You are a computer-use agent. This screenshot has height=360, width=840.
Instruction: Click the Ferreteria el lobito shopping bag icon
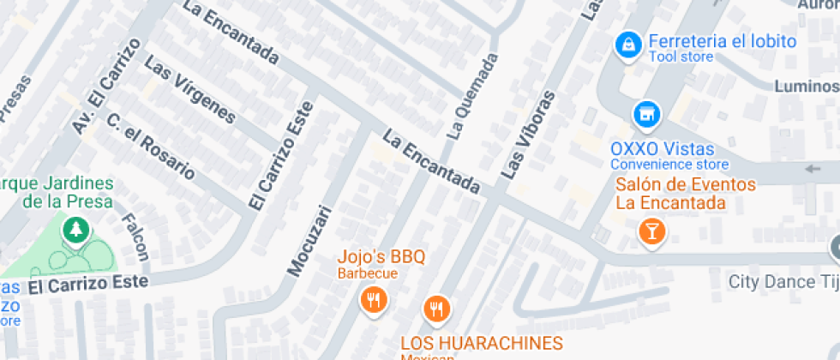[x=629, y=45]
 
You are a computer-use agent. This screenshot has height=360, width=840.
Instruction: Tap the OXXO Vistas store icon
[x=647, y=113]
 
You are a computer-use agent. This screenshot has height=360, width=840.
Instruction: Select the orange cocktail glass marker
[x=652, y=231]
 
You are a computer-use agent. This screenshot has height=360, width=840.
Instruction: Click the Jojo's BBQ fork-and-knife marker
[x=373, y=299]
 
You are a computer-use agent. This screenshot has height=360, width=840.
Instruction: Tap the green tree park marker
[x=77, y=228]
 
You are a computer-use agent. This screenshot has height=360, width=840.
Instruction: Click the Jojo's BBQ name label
[x=381, y=256]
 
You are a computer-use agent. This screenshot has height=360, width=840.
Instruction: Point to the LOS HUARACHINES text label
[x=482, y=343]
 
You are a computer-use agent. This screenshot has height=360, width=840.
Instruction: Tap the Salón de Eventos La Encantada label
[x=686, y=194]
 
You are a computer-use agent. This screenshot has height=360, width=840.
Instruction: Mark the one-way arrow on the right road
[x=813, y=168]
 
